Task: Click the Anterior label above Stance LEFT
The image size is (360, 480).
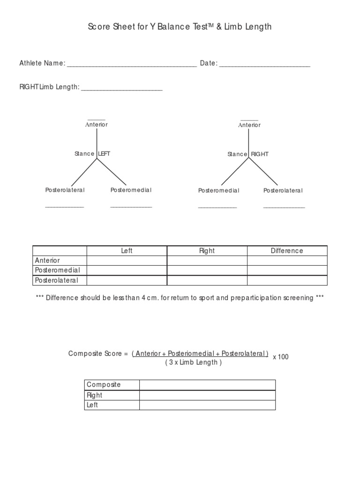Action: pos(96,125)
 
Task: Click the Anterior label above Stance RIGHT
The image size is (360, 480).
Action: pos(249,125)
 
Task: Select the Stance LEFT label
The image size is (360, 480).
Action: pos(92,154)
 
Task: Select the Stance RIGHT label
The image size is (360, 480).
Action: pos(248,154)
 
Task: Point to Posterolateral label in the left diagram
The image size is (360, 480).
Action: pos(65,190)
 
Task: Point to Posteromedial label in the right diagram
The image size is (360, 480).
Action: pos(218,191)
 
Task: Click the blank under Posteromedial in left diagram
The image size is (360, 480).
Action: pos(131,206)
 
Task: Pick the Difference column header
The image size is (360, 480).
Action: pos(287,251)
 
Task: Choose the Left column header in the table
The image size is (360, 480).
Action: pos(127,251)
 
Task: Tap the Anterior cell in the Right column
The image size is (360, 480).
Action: pos(207,261)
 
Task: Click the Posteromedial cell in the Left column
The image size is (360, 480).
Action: pos(127,270)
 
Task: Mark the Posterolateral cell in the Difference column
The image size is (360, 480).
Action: pos(287,280)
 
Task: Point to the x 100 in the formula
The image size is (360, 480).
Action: pos(281,357)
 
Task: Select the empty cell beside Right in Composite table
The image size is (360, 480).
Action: pos(207,395)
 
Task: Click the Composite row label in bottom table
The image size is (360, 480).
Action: pos(104,385)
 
